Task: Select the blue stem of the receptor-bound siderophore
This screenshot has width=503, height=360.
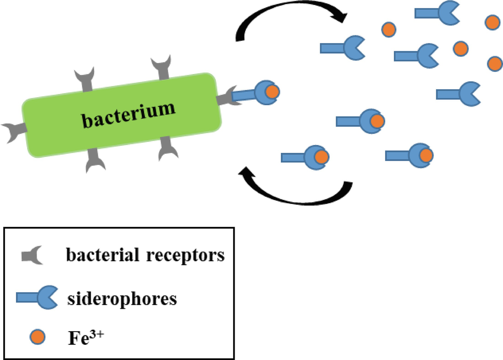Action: click(x=245, y=95)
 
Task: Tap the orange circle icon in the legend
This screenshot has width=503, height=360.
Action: click(x=37, y=337)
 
